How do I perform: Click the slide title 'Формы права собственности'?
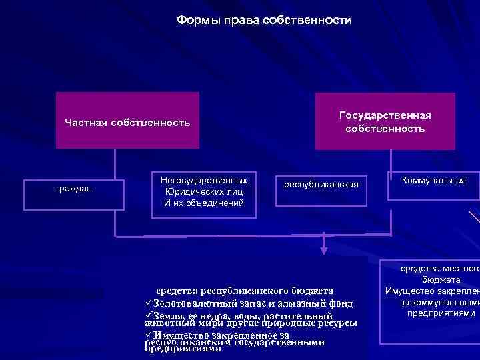(264, 21)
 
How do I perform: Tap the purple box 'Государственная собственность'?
(385, 121)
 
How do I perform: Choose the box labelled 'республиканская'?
(321, 183)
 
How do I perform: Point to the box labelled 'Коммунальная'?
(433, 180)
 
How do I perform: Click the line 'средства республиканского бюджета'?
(244, 291)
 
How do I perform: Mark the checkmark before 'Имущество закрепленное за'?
(148, 335)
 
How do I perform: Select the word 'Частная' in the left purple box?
(86, 122)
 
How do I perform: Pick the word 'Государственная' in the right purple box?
(385, 115)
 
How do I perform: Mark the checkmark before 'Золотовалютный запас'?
(148, 303)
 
